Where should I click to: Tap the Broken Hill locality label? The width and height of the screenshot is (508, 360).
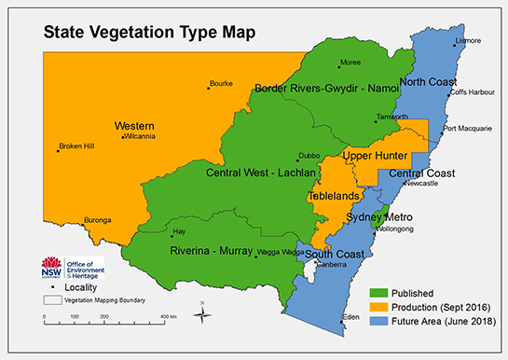pyautogui.click(x=77, y=145)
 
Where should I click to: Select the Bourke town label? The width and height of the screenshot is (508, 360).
pyautogui.click(x=221, y=83)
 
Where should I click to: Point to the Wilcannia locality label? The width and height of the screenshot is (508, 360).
pyautogui.click(x=140, y=136)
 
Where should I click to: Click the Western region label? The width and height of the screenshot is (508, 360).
pyautogui.click(x=134, y=125)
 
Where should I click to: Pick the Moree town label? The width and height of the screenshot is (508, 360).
pyautogui.click(x=350, y=62)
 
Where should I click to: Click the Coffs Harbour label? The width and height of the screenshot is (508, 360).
pyautogui.click(x=471, y=91)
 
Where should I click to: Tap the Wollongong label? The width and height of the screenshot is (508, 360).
pyautogui.click(x=395, y=227)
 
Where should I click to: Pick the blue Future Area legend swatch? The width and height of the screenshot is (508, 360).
pyautogui.click(x=378, y=321)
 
